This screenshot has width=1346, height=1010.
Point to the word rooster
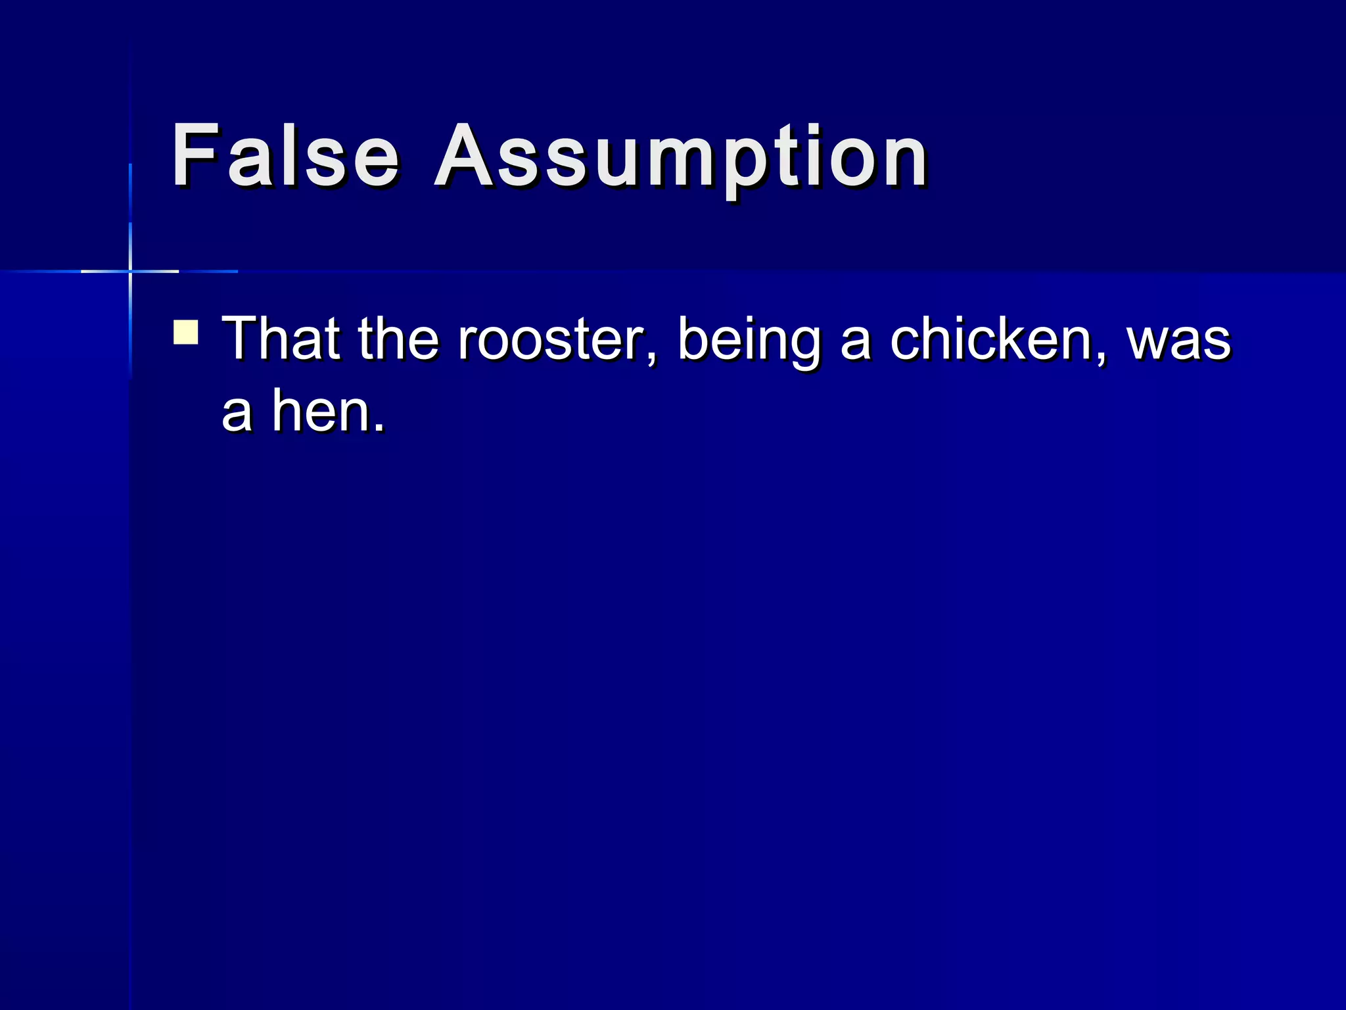551,340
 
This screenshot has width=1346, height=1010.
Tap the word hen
320,412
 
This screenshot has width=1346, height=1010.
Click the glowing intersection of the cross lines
130,271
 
